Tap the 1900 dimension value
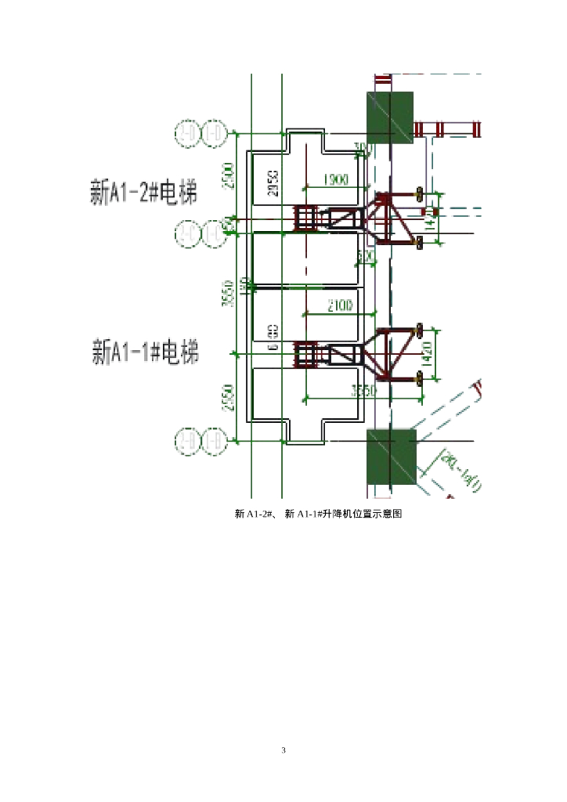335,181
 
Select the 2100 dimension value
339,307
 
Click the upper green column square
389,117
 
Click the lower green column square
390,455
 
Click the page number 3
283,750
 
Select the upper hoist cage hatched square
305,219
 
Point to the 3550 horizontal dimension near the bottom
363,391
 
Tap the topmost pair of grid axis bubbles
200,134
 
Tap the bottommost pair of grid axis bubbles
200,442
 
